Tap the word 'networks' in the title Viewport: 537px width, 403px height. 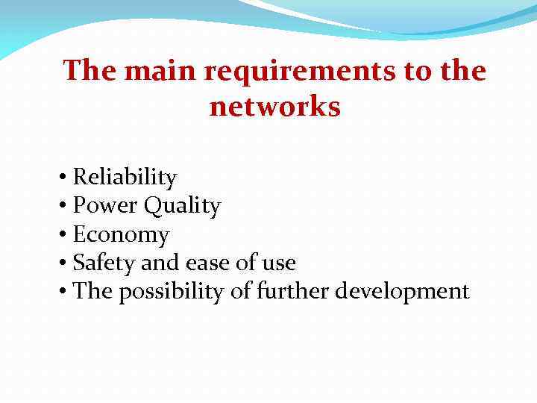pos(274,107)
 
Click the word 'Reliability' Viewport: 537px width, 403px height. pos(125,178)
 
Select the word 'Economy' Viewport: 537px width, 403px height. pos(121,234)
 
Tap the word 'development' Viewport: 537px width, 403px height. pos(402,291)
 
